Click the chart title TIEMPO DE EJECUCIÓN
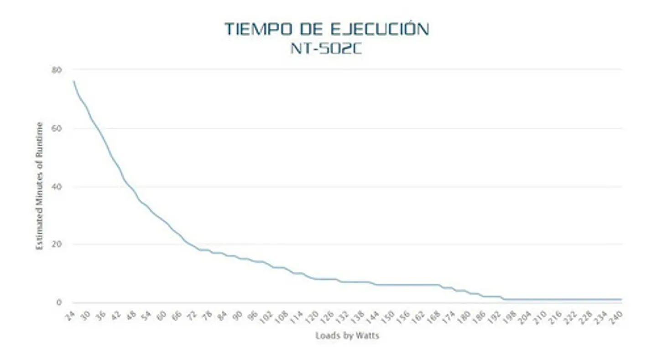pyautogui.click(x=327, y=29)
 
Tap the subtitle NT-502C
pyautogui.click(x=326, y=49)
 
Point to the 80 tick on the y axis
pyautogui.click(x=57, y=70)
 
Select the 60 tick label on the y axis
pyautogui.click(x=57, y=128)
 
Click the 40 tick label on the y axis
pyautogui.click(x=57, y=187)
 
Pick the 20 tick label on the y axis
pyautogui.click(x=57, y=244)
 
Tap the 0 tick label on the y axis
pyautogui.click(x=59, y=302)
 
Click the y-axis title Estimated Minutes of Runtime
pyautogui.click(x=39, y=186)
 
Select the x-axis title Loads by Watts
pyautogui.click(x=347, y=336)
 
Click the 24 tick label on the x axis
pyautogui.click(x=70, y=316)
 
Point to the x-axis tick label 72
pyautogui.click(x=192, y=316)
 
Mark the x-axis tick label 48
pyautogui.click(x=131, y=316)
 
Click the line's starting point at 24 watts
pyautogui.click(x=73, y=81)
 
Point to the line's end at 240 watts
pyautogui.click(x=621, y=299)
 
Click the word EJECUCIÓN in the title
pyautogui.click(x=380, y=29)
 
